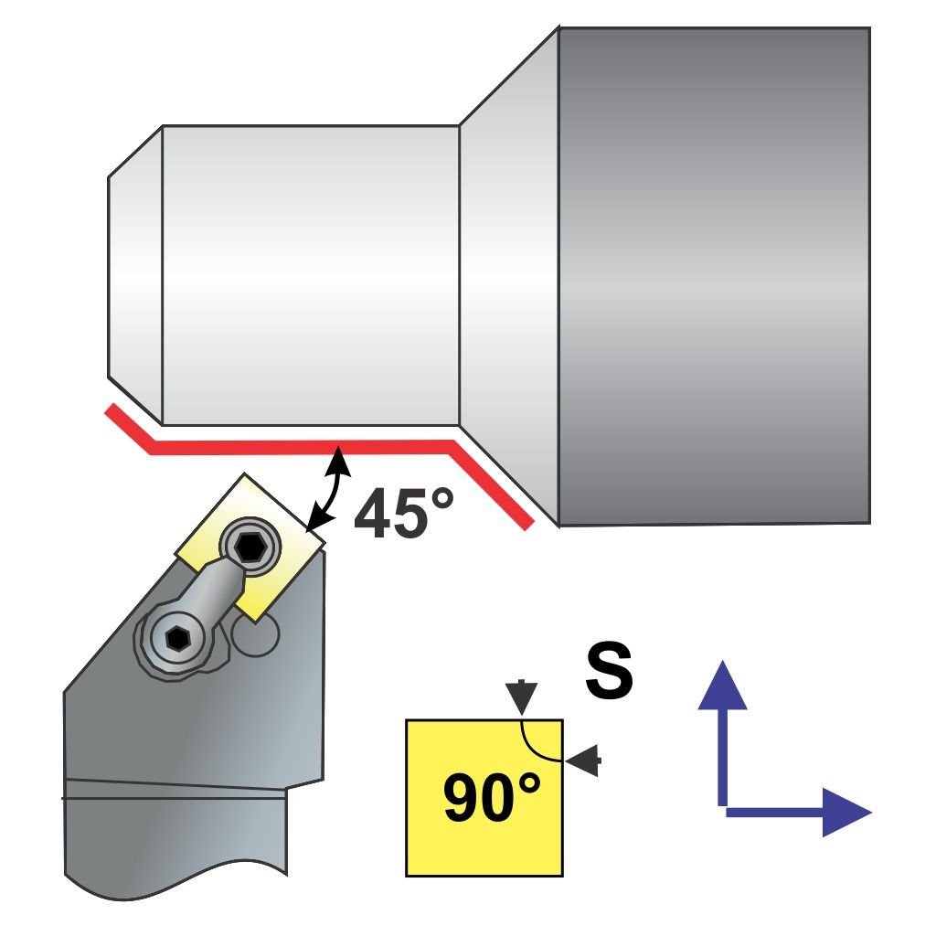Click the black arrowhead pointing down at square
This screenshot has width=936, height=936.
520,697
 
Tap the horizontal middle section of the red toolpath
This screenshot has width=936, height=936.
302,446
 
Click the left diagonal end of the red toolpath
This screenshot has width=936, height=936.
128,428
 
